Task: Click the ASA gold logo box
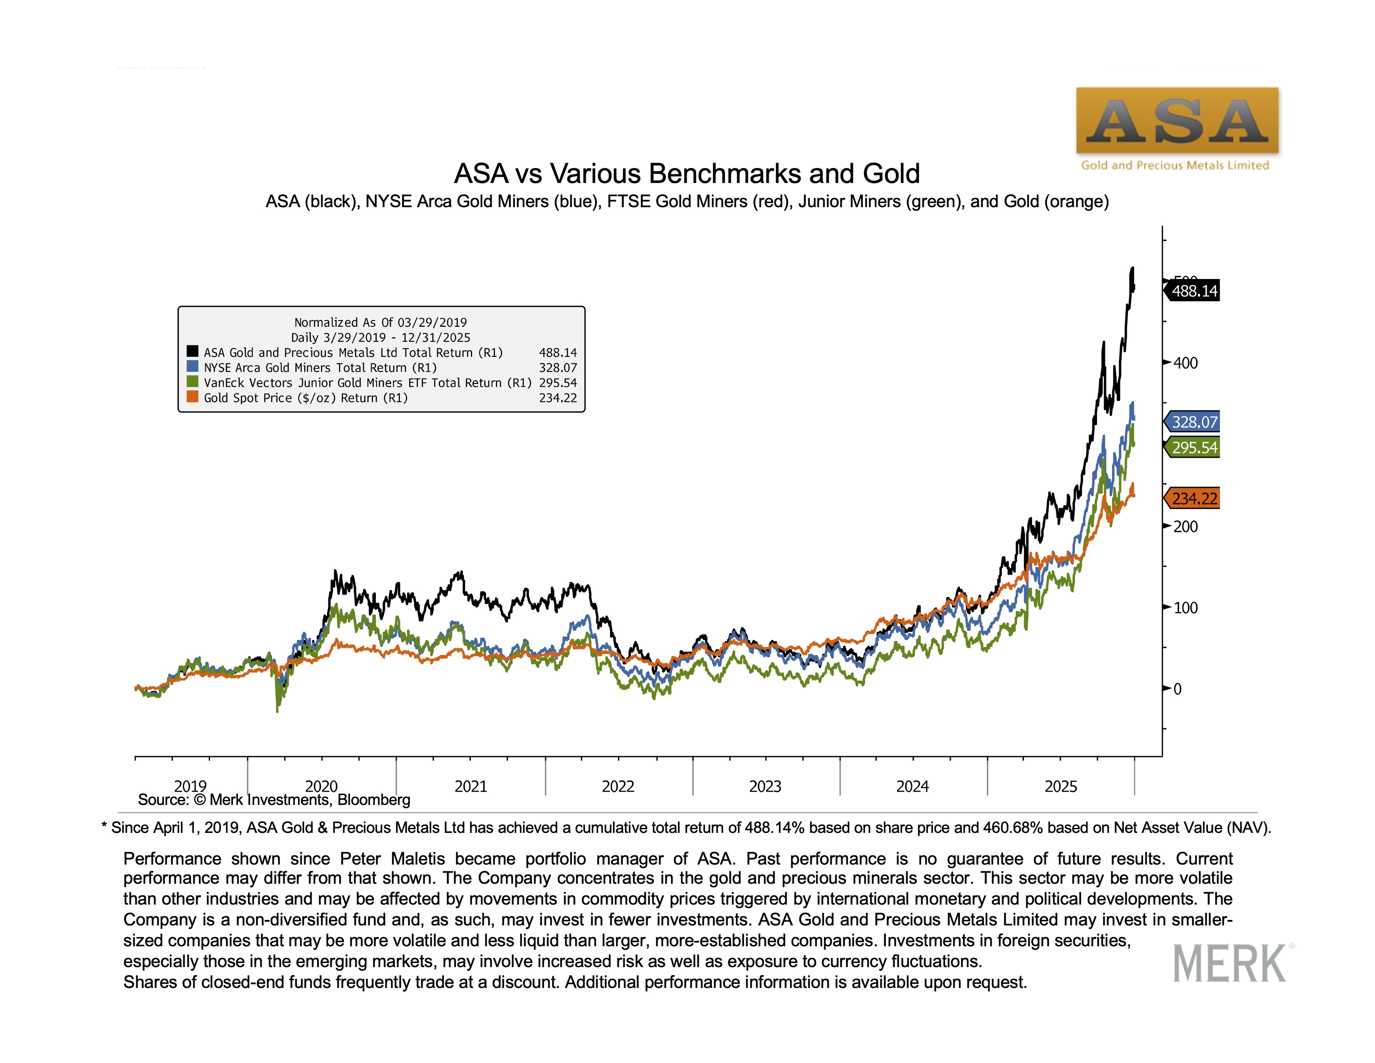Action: point(1177,120)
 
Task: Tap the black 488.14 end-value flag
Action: point(1193,291)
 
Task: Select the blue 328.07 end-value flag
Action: point(1193,422)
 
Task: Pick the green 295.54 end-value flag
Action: point(1193,448)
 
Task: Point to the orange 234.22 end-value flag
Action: point(1193,499)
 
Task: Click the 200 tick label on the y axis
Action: point(1185,527)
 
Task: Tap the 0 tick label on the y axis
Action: point(1177,689)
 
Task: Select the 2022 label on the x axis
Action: point(617,787)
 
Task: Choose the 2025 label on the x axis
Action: point(1061,787)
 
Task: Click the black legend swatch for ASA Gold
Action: point(192,351)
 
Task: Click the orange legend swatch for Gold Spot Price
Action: point(192,397)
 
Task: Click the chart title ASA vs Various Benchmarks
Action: point(687,174)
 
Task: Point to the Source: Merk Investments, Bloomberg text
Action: point(274,800)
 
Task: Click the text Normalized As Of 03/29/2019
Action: point(380,322)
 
